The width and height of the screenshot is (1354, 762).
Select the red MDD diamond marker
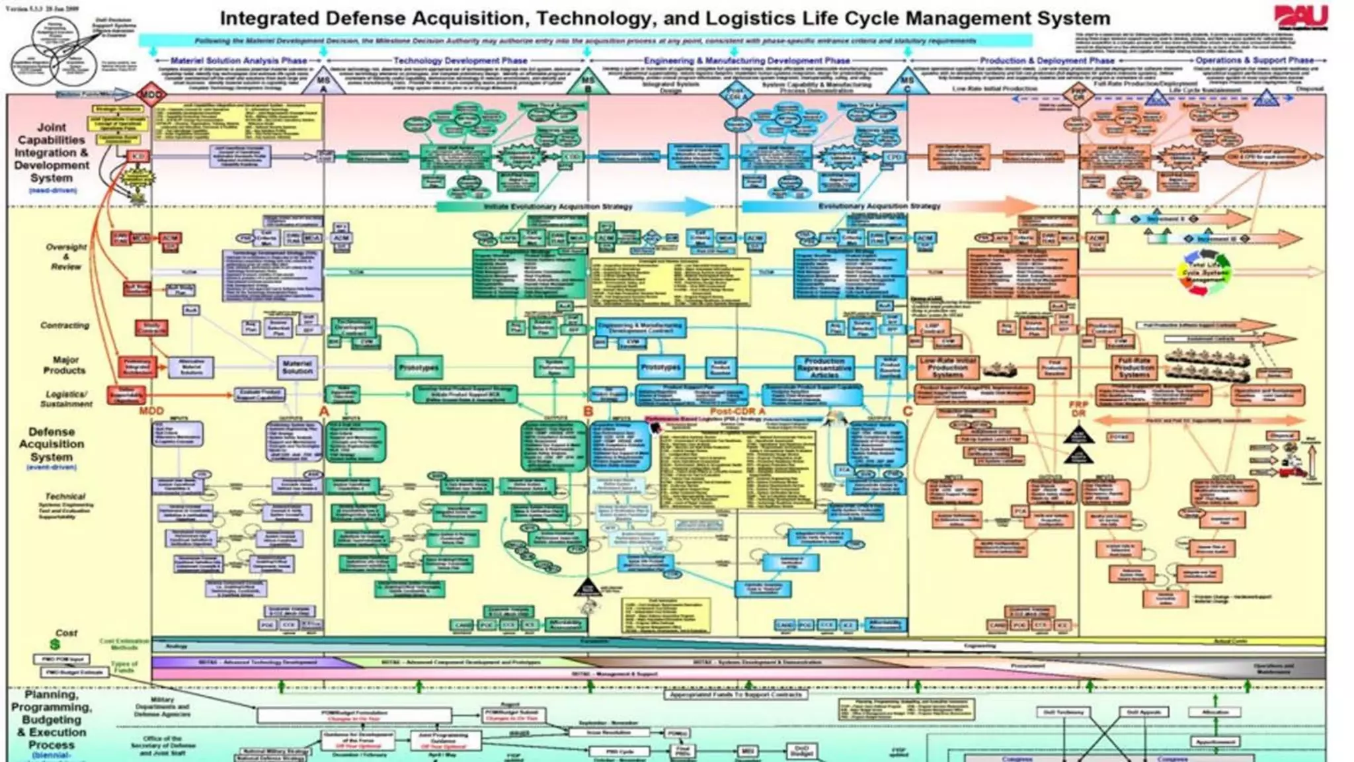coord(151,95)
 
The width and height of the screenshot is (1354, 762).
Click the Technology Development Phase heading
coord(460,61)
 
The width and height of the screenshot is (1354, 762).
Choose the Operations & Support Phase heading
coord(1254,60)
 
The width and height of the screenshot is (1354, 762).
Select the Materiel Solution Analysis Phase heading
coord(239,61)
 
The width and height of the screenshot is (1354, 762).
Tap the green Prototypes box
coord(419,367)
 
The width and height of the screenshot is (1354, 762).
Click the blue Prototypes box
coord(660,366)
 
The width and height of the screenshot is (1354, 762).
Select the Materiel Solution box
coord(297,367)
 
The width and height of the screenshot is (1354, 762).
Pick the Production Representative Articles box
coord(824,367)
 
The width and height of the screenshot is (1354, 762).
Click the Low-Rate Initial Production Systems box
coord(947,367)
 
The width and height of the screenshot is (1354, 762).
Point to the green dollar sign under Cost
coord(55,644)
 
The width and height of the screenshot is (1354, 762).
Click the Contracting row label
coord(65,325)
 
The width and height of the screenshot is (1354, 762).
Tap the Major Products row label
coord(65,365)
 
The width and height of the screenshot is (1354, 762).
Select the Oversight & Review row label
coord(66,257)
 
